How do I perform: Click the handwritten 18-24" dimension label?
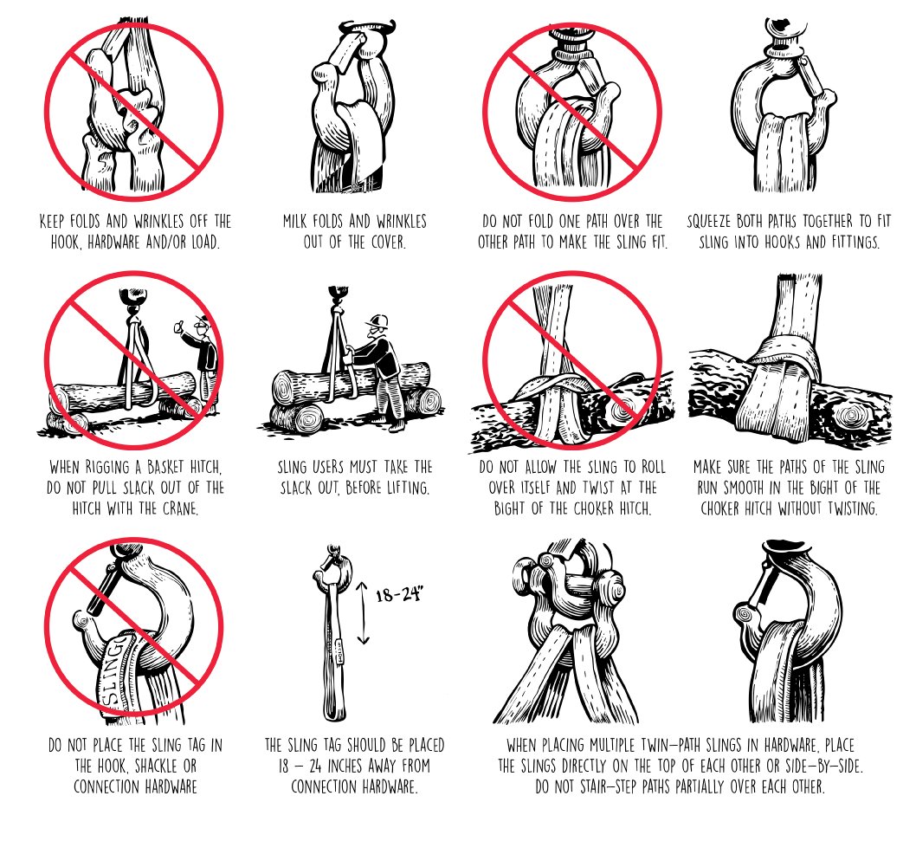click(x=399, y=594)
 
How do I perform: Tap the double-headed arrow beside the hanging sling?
click(x=364, y=612)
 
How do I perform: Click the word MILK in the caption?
click(x=295, y=222)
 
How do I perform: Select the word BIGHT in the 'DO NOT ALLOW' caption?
click(x=510, y=508)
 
